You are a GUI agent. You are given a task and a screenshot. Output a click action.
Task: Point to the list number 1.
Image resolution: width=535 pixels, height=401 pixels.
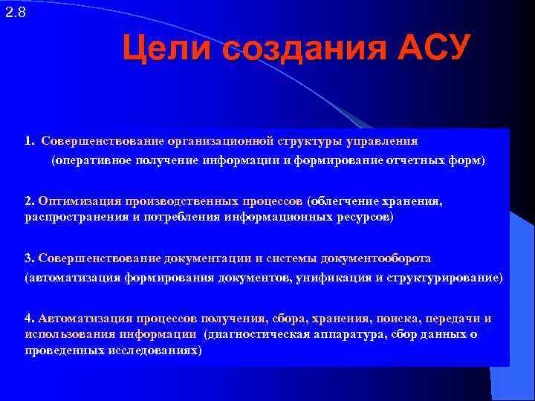click(28, 140)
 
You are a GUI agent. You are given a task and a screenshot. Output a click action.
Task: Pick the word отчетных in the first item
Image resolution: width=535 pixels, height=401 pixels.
click(412, 160)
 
